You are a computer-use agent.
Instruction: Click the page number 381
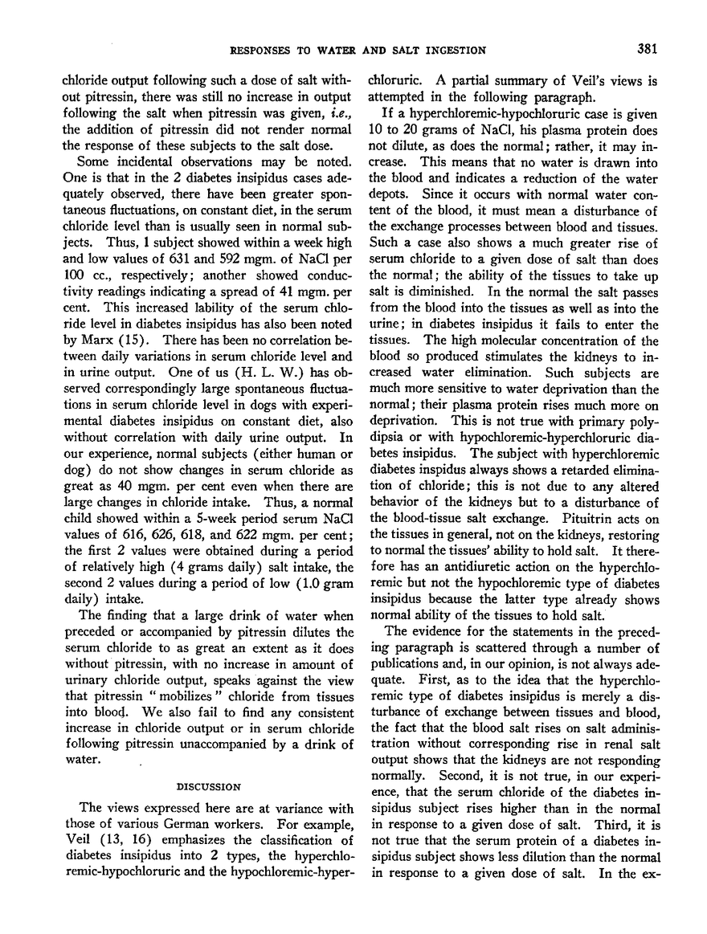pyautogui.click(x=648, y=50)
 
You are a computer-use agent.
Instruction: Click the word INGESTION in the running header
pyautogui.click(x=453, y=51)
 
